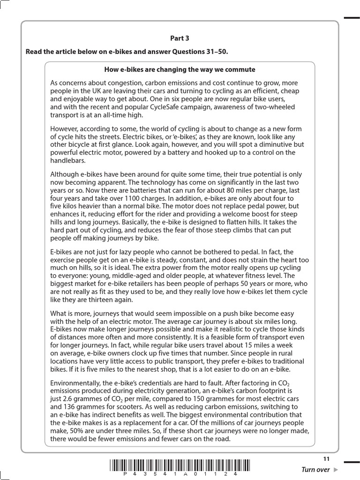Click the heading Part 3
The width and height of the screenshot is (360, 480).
tap(180, 38)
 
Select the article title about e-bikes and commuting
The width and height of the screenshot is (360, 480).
tap(180, 69)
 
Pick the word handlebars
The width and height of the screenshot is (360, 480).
tap(67, 160)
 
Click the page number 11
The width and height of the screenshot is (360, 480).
tap(326, 458)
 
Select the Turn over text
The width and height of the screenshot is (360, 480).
tap(315, 470)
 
